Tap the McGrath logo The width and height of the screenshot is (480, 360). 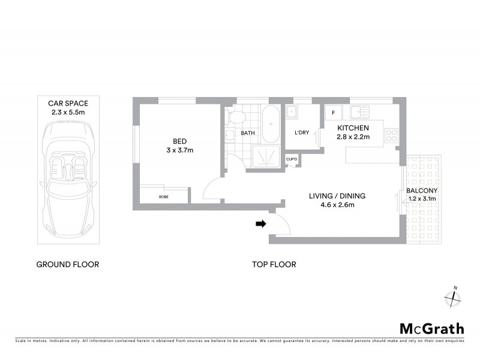432,328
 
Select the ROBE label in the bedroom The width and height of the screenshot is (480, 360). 163,197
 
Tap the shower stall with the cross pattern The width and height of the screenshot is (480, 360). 265,157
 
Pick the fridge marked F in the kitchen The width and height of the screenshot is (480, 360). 334,112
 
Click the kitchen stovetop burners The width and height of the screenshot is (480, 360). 392,136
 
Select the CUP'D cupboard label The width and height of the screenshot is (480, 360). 292,159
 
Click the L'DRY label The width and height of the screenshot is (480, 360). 302,133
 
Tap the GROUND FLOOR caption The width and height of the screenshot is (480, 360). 68,264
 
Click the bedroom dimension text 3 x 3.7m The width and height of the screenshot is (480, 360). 179,150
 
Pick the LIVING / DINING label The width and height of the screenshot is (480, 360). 337,196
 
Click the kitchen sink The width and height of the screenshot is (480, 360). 361,112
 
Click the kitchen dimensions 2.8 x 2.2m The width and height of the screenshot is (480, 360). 353,137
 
